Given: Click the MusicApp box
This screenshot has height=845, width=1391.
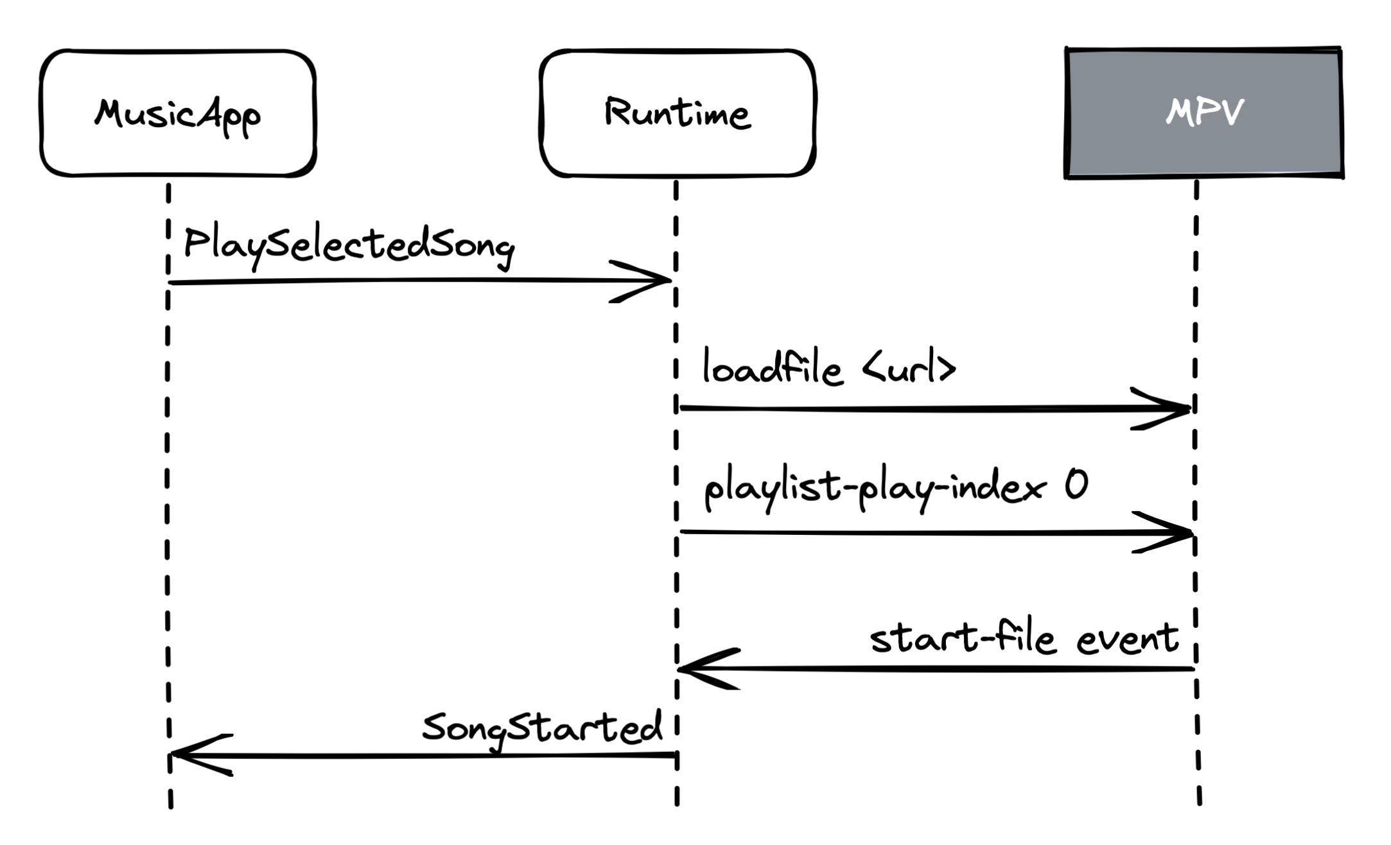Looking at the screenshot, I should [178, 113].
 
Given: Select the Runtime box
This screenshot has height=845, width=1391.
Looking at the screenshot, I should [678, 113].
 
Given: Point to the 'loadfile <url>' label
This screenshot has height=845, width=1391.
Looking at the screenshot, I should [828, 368].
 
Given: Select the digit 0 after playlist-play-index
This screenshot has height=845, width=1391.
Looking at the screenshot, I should [1076, 485].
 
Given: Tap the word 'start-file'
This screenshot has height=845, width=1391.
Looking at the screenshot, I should [962, 640].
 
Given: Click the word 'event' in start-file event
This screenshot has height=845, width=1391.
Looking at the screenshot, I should [1128, 640].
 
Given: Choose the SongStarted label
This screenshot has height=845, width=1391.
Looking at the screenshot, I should [541, 729].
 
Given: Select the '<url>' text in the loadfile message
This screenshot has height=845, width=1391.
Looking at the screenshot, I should [908, 368].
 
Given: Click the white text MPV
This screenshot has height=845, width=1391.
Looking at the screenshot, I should [1205, 113].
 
